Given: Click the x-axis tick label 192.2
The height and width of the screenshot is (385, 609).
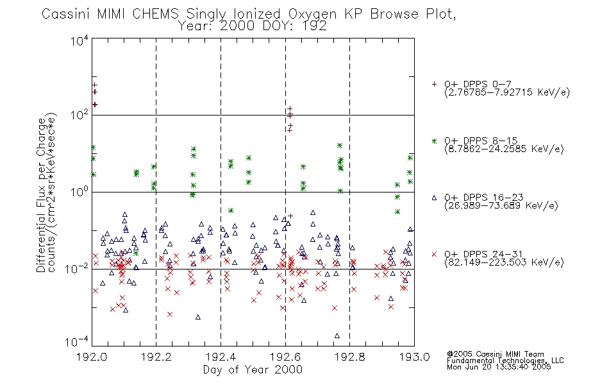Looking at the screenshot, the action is pyautogui.click(x=156, y=357).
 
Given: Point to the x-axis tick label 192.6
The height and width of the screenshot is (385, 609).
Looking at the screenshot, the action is pyautogui.click(x=285, y=357).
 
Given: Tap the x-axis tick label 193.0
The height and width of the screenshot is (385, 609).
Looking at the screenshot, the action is pyautogui.click(x=414, y=357).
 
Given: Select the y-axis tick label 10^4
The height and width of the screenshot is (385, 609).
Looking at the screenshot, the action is pyautogui.click(x=79, y=40).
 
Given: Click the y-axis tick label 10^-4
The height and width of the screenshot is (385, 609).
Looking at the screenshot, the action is pyautogui.click(x=76, y=342).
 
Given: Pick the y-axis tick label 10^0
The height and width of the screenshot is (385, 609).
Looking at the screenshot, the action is pyautogui.click(x=79, y=192).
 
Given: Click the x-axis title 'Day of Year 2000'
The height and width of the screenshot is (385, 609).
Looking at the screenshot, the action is pyautogui.click(x=253, y=370).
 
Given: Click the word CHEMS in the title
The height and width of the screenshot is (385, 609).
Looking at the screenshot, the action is pyautogui.click(x=155, y=14).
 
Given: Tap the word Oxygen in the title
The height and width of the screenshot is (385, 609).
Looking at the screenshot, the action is pyautogui.click(x=312, y=15).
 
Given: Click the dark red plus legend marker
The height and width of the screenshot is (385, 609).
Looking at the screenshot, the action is pyautogui.click(x=434, y=84).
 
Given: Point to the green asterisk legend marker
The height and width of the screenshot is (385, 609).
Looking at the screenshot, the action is pyautogui.click(x=434, y=141).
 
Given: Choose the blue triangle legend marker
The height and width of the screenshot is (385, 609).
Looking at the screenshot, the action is pyautogui.click(x=434, y=198).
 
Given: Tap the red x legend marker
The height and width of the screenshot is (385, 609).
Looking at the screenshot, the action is pyautogui.click(x=434, y=254).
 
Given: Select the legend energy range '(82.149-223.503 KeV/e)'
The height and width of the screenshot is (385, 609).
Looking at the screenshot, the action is pyautogui.click(x=504, y=262).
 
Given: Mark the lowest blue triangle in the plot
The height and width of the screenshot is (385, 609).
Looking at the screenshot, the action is pyautogui.click(x=337, y=336).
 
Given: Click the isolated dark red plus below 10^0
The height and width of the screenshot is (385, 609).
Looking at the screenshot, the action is pyautogui.click(x=290, y=216).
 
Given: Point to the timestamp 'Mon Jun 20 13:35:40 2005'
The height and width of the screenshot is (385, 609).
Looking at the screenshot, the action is pyautogui.click(x=499, y=367).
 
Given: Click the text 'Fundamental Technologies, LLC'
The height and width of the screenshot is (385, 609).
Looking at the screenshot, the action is pyautogui.click(x=505, y=361).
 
